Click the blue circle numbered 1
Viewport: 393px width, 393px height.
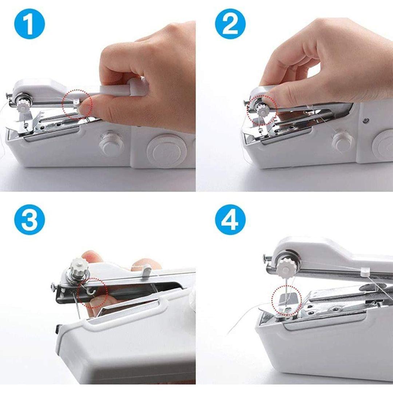[x=29, y=24]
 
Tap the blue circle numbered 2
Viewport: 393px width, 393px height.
[x=230, y=24]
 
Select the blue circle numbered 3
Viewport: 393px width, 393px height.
[x=29, y=220]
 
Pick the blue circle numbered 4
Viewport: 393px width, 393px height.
[x=230, y=220]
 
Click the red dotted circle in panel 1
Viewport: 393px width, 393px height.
[x=77, y=103]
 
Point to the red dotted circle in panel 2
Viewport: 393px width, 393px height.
[x=262, y=110]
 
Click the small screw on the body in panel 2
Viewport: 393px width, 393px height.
[x=365, y=120]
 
